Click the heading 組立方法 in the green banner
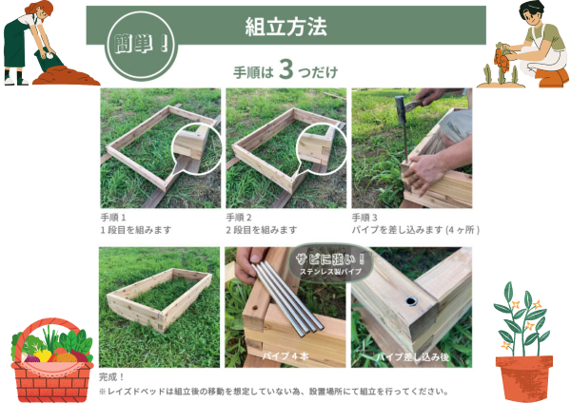tap(285, 27)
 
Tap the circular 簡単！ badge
tap(141, 46)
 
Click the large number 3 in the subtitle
tap(286, 69)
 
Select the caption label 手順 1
tap(113, 218)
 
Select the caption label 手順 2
tap(239, 218)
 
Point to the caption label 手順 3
tap(364, 218)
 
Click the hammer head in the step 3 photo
tap(401, 109)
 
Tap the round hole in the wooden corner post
tap(411, 301)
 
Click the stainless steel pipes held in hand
tap(287, 299)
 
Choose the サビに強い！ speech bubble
tap(330, 263)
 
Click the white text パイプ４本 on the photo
tap(285, 355)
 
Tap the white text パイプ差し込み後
tap(412, 356)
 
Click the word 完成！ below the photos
tap(111, 377)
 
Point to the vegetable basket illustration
tap(51, 360)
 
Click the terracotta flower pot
tap(524, 378)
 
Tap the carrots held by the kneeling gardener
tap(502, 58)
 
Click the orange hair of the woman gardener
tap(38, 8)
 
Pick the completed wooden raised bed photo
tap(160, 307)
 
